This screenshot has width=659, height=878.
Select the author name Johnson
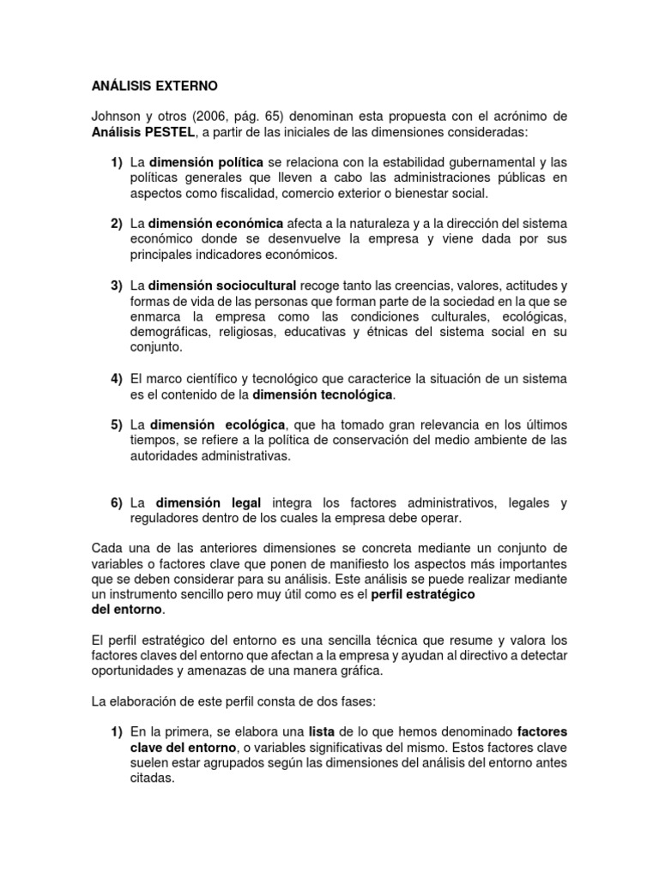pos(115,116)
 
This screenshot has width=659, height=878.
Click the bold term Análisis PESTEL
pos(145,131)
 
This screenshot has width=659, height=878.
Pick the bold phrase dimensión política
pos(206,162)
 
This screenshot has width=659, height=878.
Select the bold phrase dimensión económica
pos(215,224)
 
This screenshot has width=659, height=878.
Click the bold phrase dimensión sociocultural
pos(222,286)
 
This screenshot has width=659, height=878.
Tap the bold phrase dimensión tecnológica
pos(323,394)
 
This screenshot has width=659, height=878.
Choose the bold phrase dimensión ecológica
pos(218,425)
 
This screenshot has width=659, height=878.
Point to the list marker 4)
pos(116,379)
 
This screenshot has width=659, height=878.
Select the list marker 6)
pos(116,502)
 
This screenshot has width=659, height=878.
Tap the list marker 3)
pos(116,286)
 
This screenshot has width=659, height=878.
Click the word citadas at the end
pos(152,779)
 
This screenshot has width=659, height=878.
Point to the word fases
pos(358,701)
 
